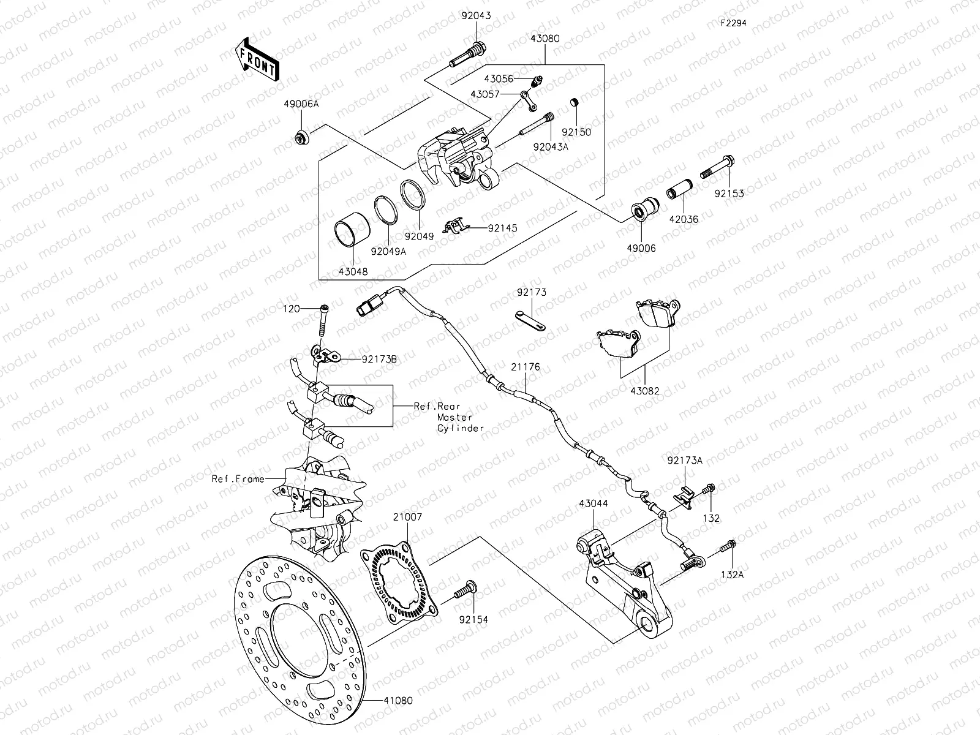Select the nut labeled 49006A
click(301, 139)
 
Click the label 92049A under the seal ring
click(387, 250)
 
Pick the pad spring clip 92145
click(455, 227)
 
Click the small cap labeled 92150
click(575, 101)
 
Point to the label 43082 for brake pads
click(644, 390)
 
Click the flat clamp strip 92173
click(530, 320)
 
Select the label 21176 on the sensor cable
click(526, 367)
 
